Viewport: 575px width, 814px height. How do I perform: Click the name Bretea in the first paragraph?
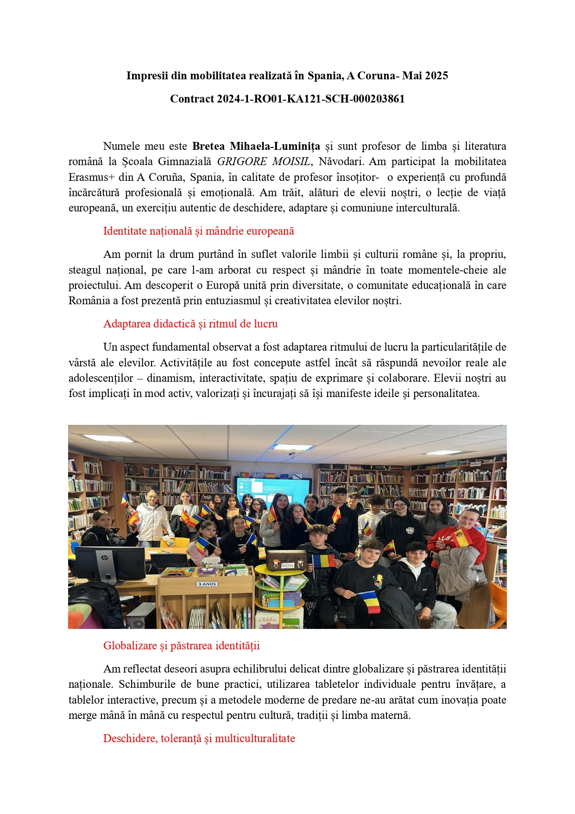(209, 147)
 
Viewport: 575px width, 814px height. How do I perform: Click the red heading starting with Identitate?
(198, 231)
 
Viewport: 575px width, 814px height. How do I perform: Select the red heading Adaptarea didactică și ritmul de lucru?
(190, 324)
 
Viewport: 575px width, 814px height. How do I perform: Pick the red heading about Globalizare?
(181, 646)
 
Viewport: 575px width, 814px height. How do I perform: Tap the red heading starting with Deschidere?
(199, 738)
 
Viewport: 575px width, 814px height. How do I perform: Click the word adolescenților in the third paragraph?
(101, 378)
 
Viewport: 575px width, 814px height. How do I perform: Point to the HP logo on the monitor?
(104, 558)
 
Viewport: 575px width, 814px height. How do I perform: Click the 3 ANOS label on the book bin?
(207, 584)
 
